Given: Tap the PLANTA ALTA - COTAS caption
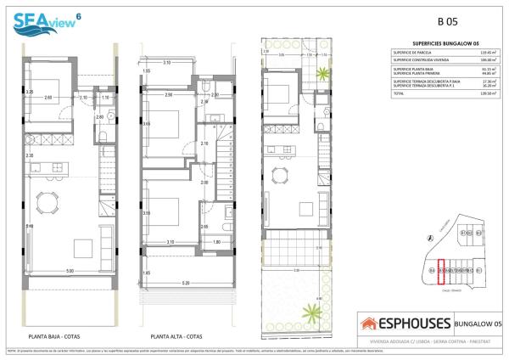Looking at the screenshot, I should (x=176, y=335).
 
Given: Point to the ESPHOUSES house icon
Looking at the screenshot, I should (x=371, y=323).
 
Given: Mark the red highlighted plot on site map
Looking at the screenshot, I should (x=441, y=270).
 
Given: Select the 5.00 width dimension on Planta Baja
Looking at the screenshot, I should (x=70, y=271).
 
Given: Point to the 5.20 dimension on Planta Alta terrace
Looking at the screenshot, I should (x=185, y=282).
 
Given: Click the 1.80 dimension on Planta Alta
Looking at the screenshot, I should (x=216, y=243).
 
